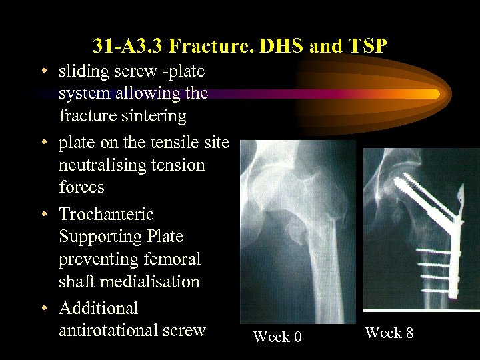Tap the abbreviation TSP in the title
coord(364,46)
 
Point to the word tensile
coord(165,143)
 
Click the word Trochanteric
coord(107,214)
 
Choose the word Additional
coord(99,308)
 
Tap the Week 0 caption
coord(277,337)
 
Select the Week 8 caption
coord(389,333)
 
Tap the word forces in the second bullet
coord(81,187)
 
